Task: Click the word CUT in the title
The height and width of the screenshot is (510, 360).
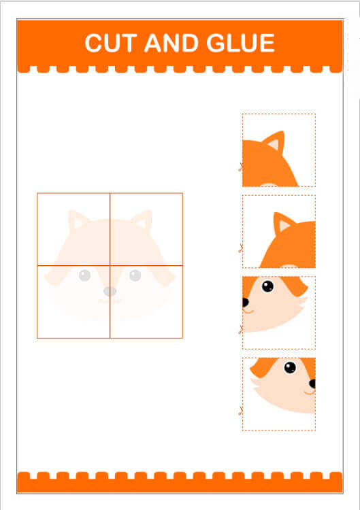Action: click(x=109, y=43)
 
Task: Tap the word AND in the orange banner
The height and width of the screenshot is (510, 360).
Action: click(x=171, y=43)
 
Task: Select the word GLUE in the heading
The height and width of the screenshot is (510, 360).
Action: click(x=241, y=43)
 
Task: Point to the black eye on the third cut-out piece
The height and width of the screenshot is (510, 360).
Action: click(x=267, y=286)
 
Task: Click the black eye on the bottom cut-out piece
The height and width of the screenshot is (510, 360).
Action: click(x=290, y=367)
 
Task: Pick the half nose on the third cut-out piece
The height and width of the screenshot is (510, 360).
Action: click(x=246, y=302)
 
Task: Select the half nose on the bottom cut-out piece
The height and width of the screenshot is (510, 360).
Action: click(x=312, y=384)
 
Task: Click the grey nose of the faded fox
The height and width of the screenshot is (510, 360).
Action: click(x=110, y=291)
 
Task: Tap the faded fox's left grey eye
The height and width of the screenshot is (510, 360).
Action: click(x=84, y=275)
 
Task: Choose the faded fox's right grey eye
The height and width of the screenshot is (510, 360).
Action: click(x=135, y=275)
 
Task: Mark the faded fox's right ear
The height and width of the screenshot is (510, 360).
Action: click(x=143, y=220)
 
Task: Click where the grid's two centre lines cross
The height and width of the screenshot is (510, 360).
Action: click(x=110, y=266)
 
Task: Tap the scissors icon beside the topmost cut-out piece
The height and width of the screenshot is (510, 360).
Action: click(x=241, y=167)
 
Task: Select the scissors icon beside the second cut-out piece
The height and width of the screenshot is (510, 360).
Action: click(x=241, y=248)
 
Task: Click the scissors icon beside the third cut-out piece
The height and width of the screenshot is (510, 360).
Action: click(x=241, y=330)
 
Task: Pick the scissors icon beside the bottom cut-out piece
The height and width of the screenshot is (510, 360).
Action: click(x=241, y=411)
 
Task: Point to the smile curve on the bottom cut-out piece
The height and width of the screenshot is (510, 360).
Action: click(x=310, y=392)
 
